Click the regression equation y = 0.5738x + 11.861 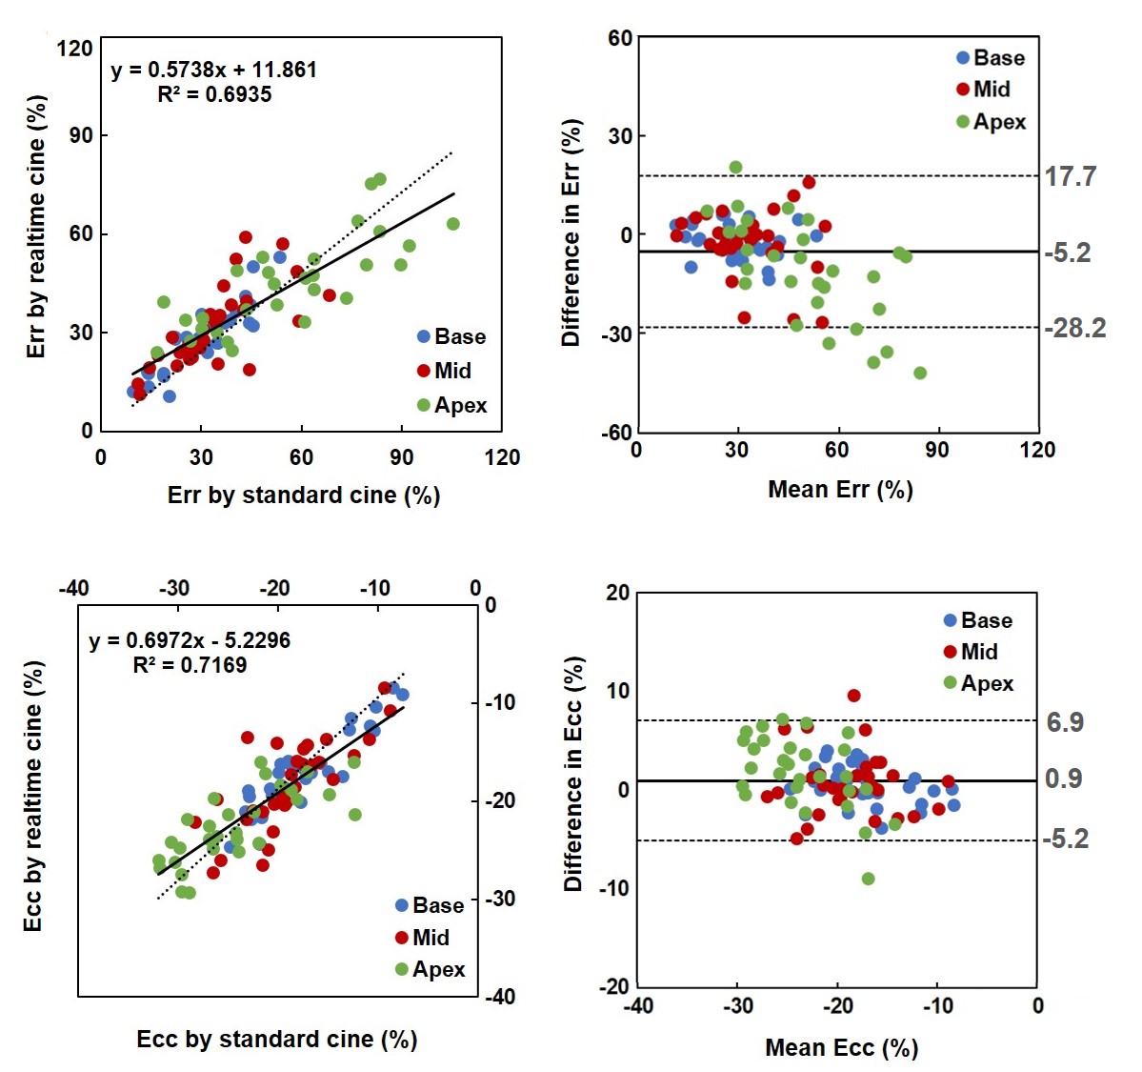[213, 70]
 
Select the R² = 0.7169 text [190, 664]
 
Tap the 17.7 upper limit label [1071, 176]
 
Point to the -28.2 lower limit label [1074, 328]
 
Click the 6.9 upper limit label [1064, 722]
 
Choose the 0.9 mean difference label [1063, 779]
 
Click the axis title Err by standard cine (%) [303, 495]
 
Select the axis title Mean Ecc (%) [841, 1047]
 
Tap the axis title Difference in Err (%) [571, 233]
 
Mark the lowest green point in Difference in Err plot [920, 373]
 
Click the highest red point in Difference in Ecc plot [853, 696]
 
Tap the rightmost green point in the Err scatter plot [453, 224]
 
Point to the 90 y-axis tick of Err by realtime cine [81, 135]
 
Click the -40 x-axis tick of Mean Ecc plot [637, 1005]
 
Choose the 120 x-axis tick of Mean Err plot [1036, 449]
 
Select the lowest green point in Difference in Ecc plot [868, 879]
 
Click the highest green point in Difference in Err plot [735, 168]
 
